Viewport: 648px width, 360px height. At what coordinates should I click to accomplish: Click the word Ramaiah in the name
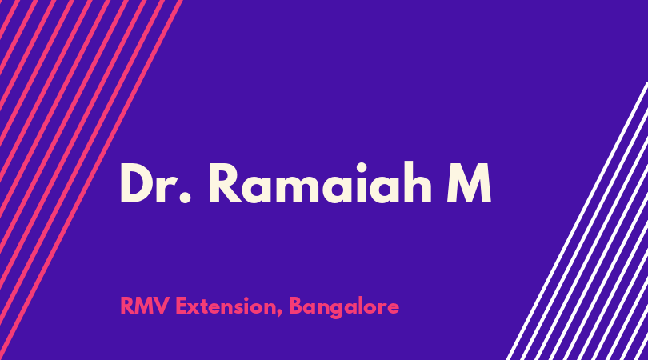point(320,182)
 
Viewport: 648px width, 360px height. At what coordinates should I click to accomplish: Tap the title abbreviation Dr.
point(155,183)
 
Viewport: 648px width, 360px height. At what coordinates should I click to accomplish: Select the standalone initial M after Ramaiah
point(469,183)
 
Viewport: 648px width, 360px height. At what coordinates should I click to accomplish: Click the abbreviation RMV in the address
point(145,306)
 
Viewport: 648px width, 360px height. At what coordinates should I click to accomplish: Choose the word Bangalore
point(344,307)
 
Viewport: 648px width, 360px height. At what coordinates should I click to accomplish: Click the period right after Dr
point(186,198)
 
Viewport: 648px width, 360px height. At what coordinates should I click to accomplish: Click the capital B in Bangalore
point(296,306)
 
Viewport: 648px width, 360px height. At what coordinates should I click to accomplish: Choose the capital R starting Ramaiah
point(226,183)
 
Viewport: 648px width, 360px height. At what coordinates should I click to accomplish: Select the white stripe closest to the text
point(578,221)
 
